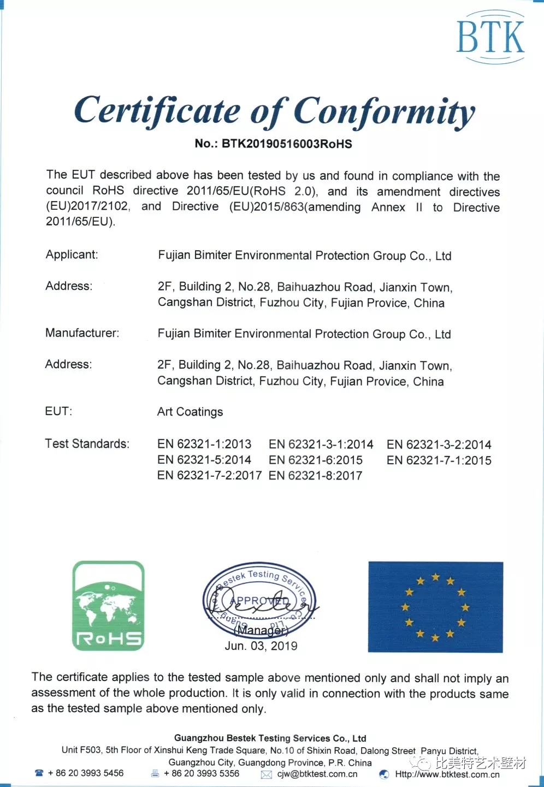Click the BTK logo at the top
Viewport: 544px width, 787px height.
489,37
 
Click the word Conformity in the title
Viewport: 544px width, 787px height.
384,112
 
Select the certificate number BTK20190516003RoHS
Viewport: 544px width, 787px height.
286,144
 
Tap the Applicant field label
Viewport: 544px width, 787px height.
72,255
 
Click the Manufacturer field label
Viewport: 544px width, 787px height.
82,333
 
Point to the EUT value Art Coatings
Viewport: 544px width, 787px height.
190,412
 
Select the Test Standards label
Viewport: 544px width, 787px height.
87,443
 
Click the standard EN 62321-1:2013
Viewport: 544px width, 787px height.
204,444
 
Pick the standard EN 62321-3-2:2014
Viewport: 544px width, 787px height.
439,445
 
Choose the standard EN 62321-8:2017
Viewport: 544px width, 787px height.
315,476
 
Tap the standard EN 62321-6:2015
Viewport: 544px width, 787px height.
315,460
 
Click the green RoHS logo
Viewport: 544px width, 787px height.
108,606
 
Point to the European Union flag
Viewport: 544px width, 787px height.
435,607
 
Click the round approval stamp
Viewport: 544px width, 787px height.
260,601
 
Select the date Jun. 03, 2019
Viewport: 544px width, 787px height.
261,646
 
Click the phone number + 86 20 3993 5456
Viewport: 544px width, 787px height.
85,773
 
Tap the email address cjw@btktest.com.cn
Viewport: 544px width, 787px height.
317,774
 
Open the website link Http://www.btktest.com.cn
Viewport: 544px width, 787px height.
447,774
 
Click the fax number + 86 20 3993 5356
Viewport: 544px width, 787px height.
202,773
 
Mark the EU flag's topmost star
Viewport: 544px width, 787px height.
435,577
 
